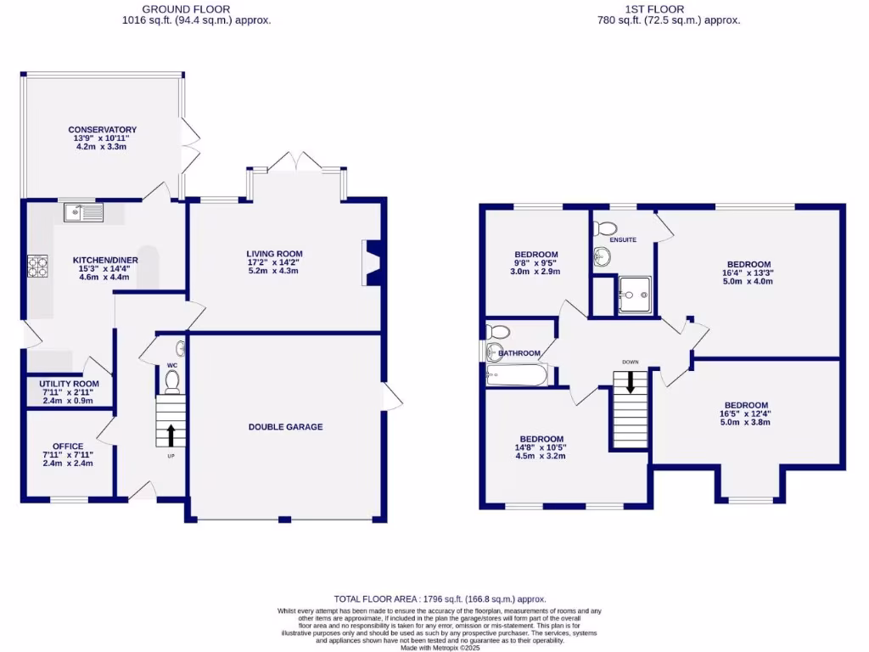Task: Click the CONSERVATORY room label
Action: coord(103,130)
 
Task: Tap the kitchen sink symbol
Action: coord(82,212)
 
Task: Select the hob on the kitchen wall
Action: coord(37,267)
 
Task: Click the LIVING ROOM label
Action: coord(274,254)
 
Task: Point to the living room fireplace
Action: coord(372,262)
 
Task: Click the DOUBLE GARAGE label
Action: coord(285,427)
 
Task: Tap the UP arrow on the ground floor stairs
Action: coord(171,435)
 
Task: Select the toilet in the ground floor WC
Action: coord(171,381)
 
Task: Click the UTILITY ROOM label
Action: coord(69,384)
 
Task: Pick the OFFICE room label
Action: coord(68,447)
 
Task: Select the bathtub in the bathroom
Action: coord(517,374)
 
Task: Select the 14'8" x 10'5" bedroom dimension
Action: coord(541,447)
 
